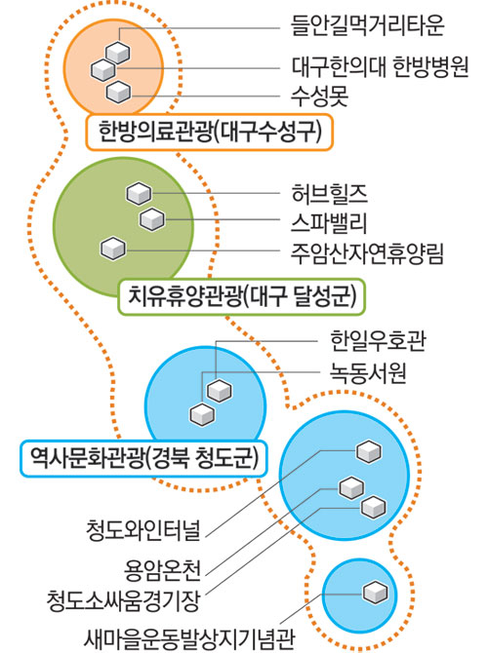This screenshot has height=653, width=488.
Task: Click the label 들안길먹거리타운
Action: coord(367,25)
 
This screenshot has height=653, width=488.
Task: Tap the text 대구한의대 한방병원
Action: coord(380,66)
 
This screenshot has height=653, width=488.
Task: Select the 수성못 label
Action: coord(319,96)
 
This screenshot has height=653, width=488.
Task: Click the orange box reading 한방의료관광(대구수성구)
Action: coord(210,132)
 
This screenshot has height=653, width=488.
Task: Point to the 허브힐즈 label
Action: coord(329,194)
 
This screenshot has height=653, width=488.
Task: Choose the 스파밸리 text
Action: coord(329,223)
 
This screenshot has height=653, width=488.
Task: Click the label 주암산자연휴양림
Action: coord(367,253)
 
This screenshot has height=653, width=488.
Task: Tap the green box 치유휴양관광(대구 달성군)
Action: coord(242,296)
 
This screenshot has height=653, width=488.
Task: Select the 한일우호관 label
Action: coord(378,341)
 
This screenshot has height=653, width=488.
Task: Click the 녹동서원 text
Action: coord(368,372)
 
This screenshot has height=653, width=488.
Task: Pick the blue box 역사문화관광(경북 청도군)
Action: coord(143,458)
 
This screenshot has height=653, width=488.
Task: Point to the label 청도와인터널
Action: coord(143,530)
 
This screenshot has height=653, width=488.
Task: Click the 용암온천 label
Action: coord(163,570)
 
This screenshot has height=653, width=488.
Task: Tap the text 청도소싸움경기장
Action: coord(123,600)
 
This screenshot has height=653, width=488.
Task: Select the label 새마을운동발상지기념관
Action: coord(189,638)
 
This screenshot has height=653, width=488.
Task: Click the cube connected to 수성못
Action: coord(118,92)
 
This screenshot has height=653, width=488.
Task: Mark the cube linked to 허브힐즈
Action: coord(139,194)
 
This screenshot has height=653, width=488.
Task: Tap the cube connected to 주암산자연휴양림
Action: coord(113,249)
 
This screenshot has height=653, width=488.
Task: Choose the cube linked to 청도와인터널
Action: coord(369,451)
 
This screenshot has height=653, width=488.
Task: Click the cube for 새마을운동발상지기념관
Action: coord(375,593)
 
